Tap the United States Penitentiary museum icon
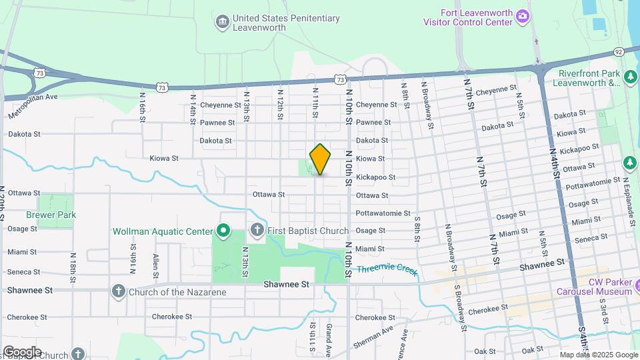click(x=222, y=23)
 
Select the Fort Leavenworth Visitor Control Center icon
click(x=524, y=16)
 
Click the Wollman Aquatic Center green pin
click(x=223, y=232)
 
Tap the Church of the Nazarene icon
click(x=119, y=291)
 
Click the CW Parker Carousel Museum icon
click(x=636, y=286)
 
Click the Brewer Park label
click(x=51, y=215)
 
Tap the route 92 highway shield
click(x=618, y=51)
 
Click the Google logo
click(x=22, y=352)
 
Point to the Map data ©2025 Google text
click(x=598, y=355)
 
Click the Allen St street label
click(x=155, y=266)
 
